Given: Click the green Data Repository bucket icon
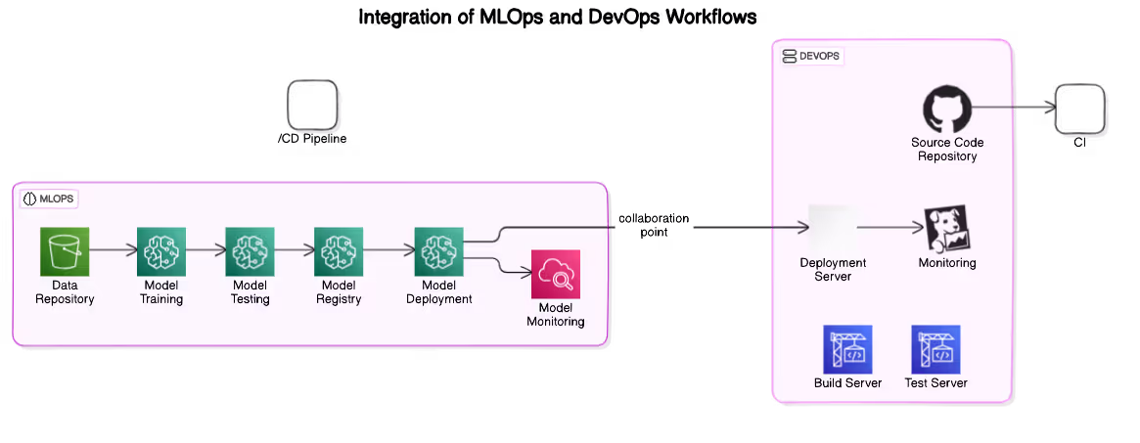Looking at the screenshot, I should pos(65,251).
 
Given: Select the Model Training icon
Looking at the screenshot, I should pos(161,251).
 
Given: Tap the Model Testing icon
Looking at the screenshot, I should pos(250,251).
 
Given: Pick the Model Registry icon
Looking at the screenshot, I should pos(339,251).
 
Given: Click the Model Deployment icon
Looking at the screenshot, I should pos(438,251).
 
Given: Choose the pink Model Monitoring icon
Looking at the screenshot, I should pos(556,274).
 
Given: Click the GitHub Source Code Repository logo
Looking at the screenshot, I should pos(947,109).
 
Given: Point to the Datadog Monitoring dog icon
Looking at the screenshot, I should pos(946,228).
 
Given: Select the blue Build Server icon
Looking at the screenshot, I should pos(847,349).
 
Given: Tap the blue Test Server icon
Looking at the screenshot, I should pos(935,349).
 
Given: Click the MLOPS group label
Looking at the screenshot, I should pos(49,199).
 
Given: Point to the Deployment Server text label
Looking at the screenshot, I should pos(833,269).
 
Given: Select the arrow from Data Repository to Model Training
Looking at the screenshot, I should pos(113,250).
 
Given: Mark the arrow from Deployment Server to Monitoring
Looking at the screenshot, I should pos(890,228).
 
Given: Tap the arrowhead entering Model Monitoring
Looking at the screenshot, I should pos(524,273).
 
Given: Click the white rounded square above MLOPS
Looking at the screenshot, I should pos(316,108).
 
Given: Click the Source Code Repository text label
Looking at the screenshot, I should pos(947,150).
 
